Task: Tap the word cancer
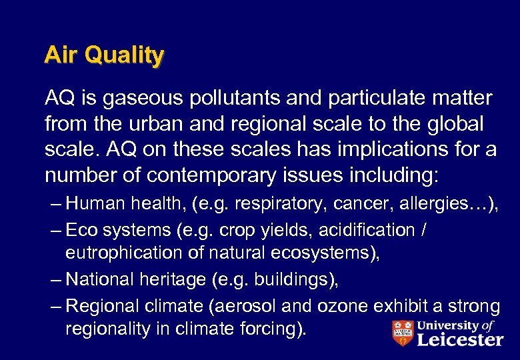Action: click(368, 203)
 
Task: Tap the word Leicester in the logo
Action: click(460, 339)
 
